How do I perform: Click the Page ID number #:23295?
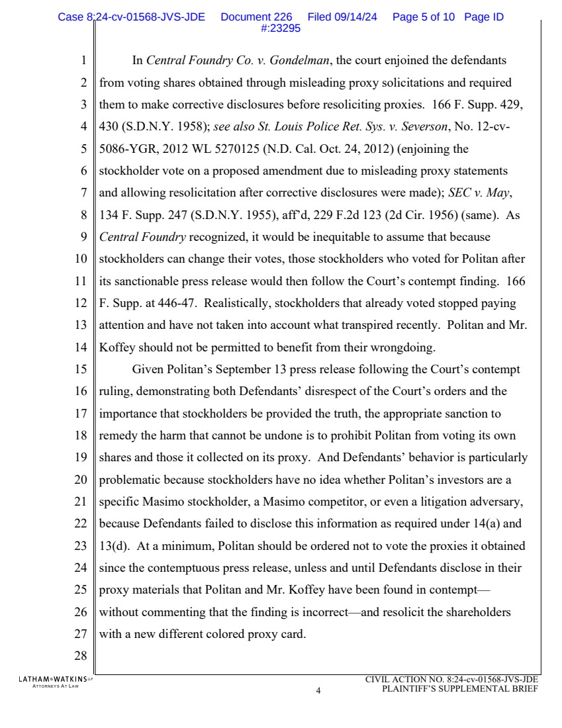[x=281, y=28]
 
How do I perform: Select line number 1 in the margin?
[x=83, y=62]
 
